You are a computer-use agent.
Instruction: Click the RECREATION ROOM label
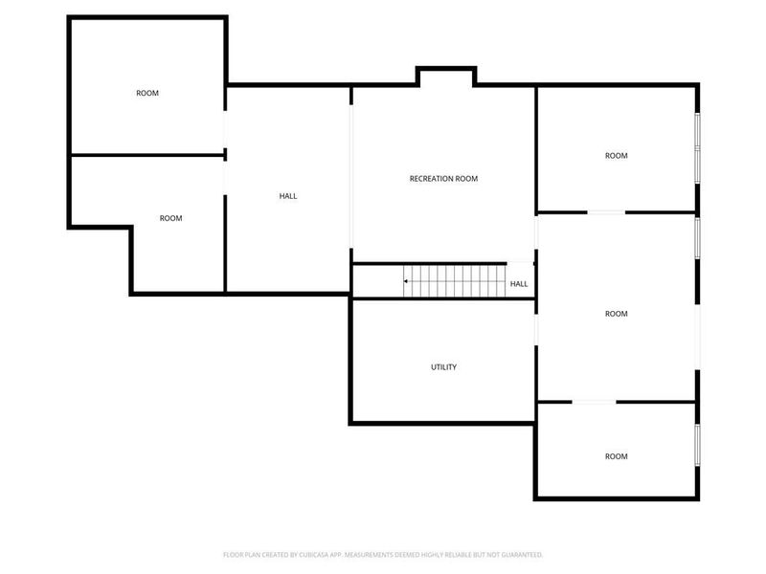point(443,179)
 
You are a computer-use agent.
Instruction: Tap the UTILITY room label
point(443,367)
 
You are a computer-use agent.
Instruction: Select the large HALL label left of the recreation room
point(288,196)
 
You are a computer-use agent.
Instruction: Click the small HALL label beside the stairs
point(519,284)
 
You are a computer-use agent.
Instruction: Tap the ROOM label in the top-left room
point(147,93)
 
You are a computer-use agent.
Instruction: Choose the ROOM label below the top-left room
point(170,218)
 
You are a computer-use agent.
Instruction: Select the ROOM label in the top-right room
point(617,156)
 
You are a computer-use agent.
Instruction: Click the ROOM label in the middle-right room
point(617,314)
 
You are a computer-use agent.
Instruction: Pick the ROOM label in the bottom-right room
point(617,456)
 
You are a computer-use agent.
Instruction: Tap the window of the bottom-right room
point(698,444)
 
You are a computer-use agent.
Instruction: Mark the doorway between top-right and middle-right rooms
point(606,211)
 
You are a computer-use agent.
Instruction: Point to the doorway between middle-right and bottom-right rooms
point(594,402)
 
